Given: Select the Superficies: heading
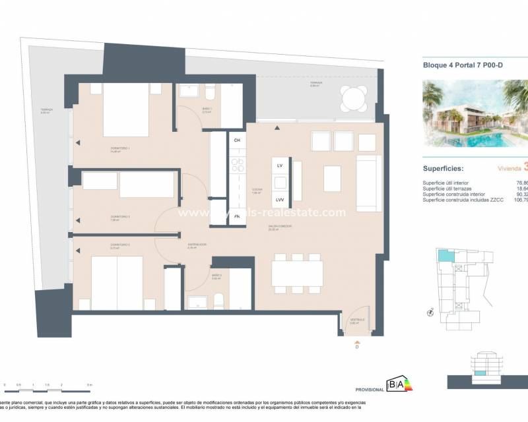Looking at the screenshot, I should coord(444,168).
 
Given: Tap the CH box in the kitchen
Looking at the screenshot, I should coord(237,140).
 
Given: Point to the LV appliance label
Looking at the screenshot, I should coord(279,165).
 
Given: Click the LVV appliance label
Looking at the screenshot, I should coord(279,199).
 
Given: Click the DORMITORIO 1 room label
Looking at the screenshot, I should coord(121,148).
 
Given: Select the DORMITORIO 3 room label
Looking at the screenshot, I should coord(121,216).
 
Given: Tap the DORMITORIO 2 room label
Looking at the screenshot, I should coord(121,245).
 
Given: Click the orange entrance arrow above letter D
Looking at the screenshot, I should coord(357,342).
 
